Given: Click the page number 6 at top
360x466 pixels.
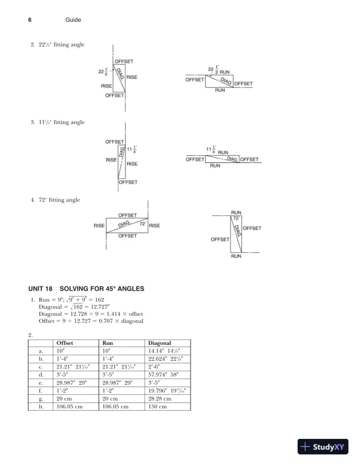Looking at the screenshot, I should pyautogui.click(x=29, y=20).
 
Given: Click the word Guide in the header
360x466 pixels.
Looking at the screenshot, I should pyautogui.click(x=72, y=20).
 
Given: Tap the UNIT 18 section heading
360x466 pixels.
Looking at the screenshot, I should pyautogui.click(x=86, y=288).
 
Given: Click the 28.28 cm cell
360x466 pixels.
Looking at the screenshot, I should pyautogui.click(x=159, y=398).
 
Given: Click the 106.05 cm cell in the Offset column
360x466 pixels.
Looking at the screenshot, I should pyautogui.click(x=69, y=405).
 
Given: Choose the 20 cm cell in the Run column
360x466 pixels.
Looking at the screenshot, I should pyautogui.click(x=110, y=398).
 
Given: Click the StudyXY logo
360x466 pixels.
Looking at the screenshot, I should pyautogui.click(x=325, y=447).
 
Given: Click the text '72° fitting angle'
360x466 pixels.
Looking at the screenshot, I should pyautogui.click(x=56, y=201).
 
